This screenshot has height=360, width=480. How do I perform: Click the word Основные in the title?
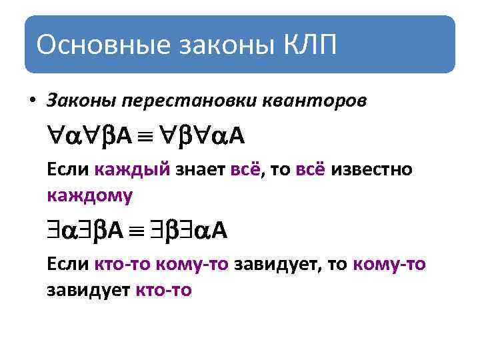pyautogui.click(x=98, y=45)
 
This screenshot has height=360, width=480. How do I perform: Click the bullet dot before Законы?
pyautogui.click(x=31, y=101)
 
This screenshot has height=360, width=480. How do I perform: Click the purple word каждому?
pyautogui.click(x=90, y=195)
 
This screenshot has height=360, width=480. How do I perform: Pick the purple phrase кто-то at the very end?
pyautogui.click(x=163, y=290)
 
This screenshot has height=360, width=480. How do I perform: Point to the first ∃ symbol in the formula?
pyautogui.click(x=55, y=231)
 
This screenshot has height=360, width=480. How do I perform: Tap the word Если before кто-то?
pyautogui.click(x=68, y=265)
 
